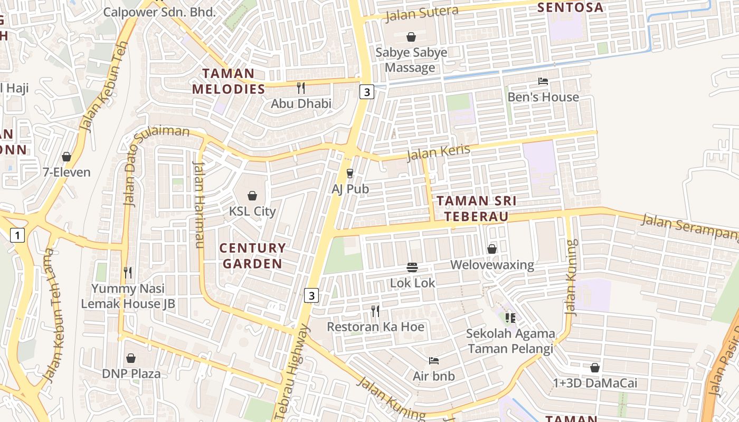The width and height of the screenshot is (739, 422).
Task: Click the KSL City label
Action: (x=252, y=211)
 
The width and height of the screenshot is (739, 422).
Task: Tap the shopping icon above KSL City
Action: (x=252, y=196)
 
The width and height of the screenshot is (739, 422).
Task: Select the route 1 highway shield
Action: (x=17, y=235)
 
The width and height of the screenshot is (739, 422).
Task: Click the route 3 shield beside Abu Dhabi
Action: (x=366, y=92)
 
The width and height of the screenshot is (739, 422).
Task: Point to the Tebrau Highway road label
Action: (x=292, y=372)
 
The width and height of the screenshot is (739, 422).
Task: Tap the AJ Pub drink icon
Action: (x=349, y=174)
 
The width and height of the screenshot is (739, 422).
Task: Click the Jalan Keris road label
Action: (x=438, y=152)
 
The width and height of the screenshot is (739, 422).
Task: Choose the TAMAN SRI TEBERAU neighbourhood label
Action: (x=476, y=208)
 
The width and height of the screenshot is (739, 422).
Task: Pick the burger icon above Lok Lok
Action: (x=412, y=267)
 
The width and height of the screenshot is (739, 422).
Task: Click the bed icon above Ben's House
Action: (x=543, y=81)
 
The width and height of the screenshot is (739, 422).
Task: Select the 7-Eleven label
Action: (x=67, y=172)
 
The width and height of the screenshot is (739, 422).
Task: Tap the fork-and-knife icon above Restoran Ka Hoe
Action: (x=375, y=311)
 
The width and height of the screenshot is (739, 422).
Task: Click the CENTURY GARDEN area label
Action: (x=252, y=255)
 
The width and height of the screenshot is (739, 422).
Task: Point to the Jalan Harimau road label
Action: (x=199, y=205)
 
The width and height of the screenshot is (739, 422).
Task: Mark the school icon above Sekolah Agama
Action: (x=510, y=318)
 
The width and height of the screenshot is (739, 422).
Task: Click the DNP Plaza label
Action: (x=131, y=373)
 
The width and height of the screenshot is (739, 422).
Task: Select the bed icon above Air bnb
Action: (x=433, y=361)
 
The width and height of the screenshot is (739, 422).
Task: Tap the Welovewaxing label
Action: (x=492, y=264)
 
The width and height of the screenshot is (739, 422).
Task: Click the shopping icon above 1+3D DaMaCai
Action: (x=595, y=368)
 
